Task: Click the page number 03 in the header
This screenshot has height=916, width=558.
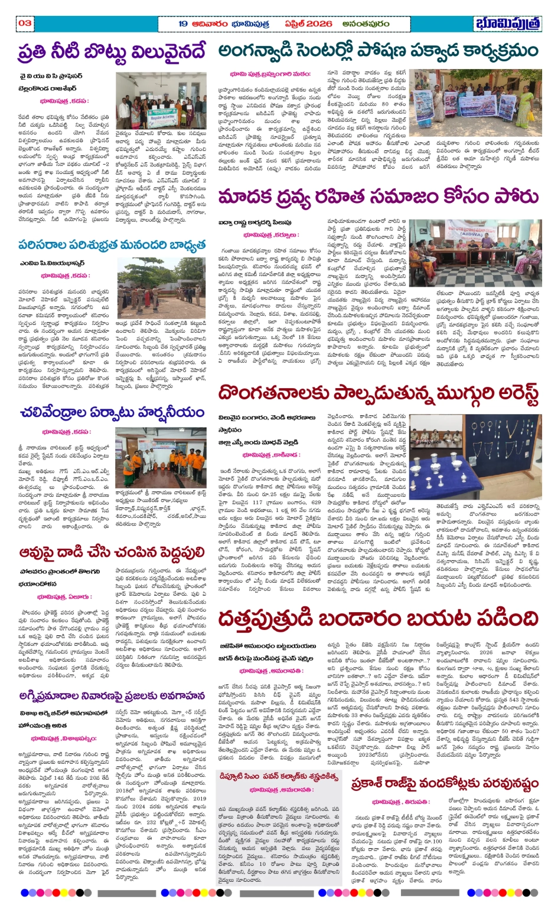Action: point(25,23)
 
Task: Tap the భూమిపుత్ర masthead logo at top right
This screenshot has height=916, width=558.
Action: point(507,24)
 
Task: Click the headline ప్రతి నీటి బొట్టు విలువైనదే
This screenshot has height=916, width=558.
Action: point(112,52)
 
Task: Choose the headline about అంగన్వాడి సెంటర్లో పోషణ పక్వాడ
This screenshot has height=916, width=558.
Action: point(378,51)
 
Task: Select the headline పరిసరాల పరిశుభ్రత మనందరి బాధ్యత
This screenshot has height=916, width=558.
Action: point(112,244)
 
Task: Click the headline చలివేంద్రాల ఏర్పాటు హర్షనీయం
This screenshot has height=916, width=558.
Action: point(112,412)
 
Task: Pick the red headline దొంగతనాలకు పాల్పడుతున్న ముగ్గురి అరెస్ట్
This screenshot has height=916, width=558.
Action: point(378,393)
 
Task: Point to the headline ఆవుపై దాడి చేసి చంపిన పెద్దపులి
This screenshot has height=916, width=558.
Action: point(112,551)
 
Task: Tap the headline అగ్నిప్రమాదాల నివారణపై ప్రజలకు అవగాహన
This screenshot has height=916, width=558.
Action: point(112,695)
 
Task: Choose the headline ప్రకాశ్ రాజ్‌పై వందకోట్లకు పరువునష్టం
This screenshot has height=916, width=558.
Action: point(445,783)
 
